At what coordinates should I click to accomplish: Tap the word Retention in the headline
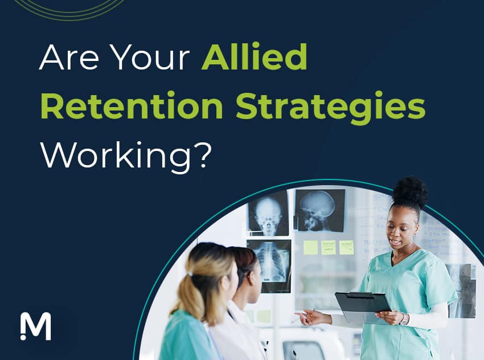(132, 107)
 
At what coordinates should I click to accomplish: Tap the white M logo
(35, 326)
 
